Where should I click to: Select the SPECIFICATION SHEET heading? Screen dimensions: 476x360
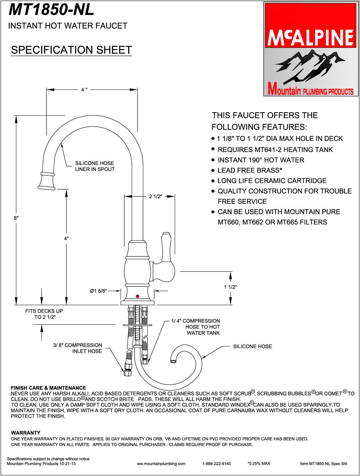point(71,50)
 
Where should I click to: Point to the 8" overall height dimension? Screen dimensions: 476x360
point(16,218)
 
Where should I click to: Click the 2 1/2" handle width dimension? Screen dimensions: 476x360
point(155,196)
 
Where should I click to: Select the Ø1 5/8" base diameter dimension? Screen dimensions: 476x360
point(98,291)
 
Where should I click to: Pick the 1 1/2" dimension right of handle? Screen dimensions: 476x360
point(230,287)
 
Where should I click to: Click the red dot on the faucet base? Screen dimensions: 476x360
point(137,296)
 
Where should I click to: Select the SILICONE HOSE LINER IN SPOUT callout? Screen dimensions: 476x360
point(95,166)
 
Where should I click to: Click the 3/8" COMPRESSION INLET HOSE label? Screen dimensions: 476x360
point(84,348)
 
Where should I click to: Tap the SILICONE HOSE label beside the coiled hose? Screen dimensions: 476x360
point(252,346)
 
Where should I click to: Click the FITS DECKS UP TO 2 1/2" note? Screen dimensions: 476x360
point(44,314)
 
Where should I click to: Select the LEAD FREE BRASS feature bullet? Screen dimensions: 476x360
point(250,170)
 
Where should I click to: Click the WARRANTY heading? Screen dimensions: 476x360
point(26,433)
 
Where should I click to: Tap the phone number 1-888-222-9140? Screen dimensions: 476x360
point(216,464)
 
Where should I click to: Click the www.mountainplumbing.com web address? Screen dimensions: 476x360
point(161,464)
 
